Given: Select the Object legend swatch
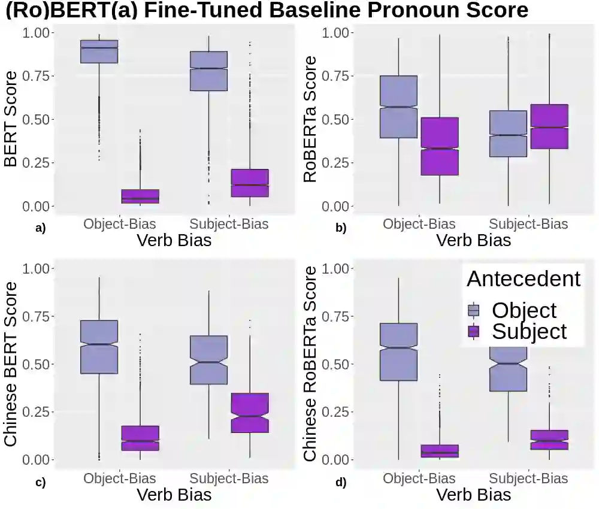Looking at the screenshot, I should coord(474,310).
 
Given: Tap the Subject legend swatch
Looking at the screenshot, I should coord(474,331).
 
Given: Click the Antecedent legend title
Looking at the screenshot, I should coord(524,278).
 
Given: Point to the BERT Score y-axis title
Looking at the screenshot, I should coord(11,119).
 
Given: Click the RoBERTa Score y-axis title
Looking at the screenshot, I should coord(310,119).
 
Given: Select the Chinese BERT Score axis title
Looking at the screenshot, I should coord(11,363).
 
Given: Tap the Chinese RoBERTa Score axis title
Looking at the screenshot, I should coord(310,363).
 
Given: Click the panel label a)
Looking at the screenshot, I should coord(41,228).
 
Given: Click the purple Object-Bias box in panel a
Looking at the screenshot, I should coord(140,196).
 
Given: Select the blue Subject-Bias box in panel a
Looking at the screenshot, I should coord(209,71).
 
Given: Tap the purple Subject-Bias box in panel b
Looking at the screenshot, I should coord(549,126).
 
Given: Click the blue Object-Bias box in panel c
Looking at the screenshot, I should coord(99,347).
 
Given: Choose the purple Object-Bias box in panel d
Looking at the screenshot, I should coord(439,451).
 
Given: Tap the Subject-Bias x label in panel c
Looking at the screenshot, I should coord(229,478).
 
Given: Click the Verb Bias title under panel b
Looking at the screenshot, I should coord(473,241).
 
